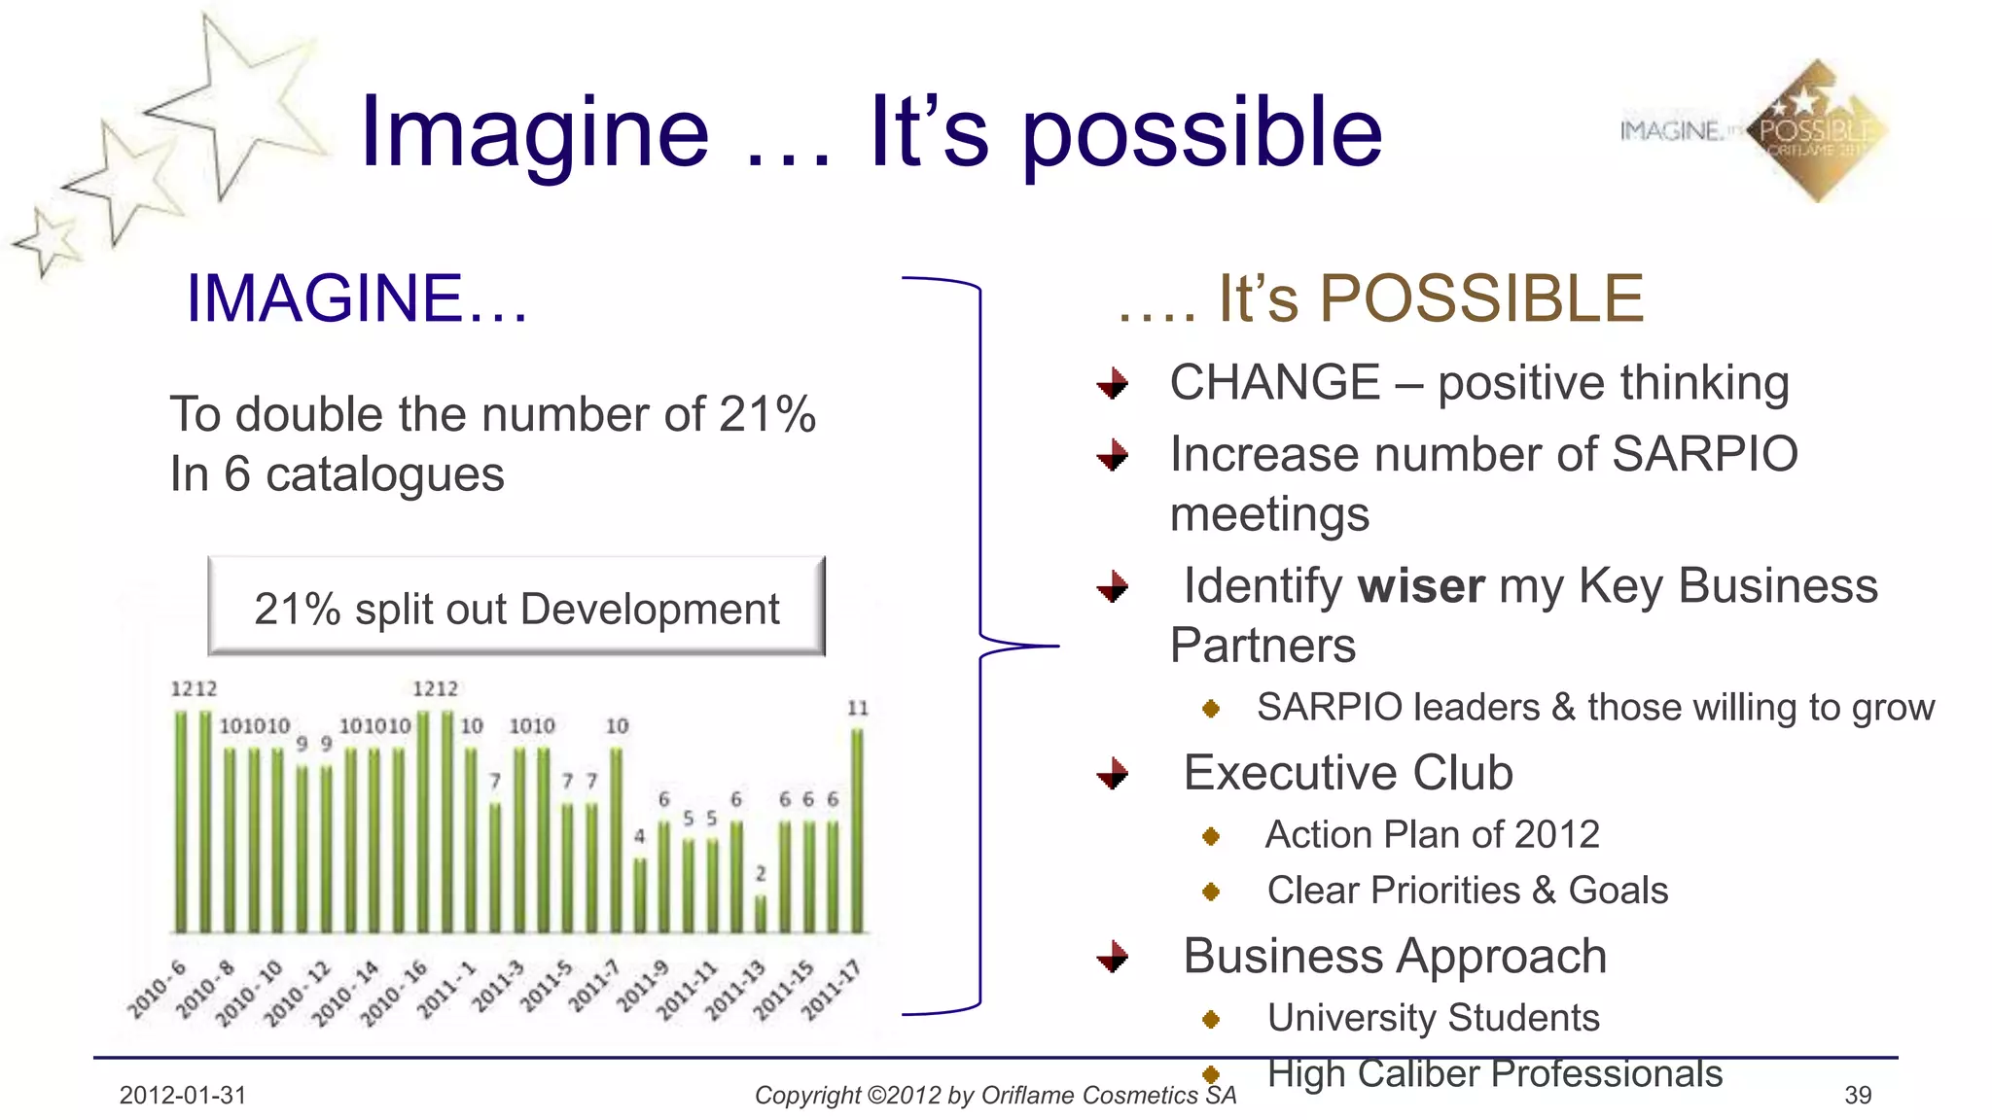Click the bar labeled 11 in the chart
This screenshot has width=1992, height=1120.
tap(857, 831)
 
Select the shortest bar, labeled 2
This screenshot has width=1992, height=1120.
tap(761, 914)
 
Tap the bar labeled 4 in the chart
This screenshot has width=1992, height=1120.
tap(640, 894)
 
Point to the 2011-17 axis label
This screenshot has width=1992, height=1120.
tap(832, 990)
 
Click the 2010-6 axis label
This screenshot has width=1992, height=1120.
tap(157, 989)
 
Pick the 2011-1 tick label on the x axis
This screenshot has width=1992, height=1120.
tap(446, 990)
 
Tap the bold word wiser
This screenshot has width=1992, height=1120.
tap(1421, 586)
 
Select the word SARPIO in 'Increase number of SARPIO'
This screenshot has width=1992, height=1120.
tap(1705, 454)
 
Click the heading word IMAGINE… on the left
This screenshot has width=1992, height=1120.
tap(357, 298)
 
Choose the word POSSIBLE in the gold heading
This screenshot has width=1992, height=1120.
tap(1481, 298)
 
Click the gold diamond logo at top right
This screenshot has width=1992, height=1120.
tap(1816, 131)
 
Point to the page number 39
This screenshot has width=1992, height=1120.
tap(1857, 1096)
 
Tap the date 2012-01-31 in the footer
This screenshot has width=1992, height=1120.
tap(183, 1096)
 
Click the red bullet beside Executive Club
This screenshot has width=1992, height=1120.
tap(1113, 774)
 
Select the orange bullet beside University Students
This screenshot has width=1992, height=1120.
tap(1211, 1019)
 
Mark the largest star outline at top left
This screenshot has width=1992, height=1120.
tap(233, 102)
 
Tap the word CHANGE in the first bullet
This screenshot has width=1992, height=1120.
tap(1274, 382)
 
